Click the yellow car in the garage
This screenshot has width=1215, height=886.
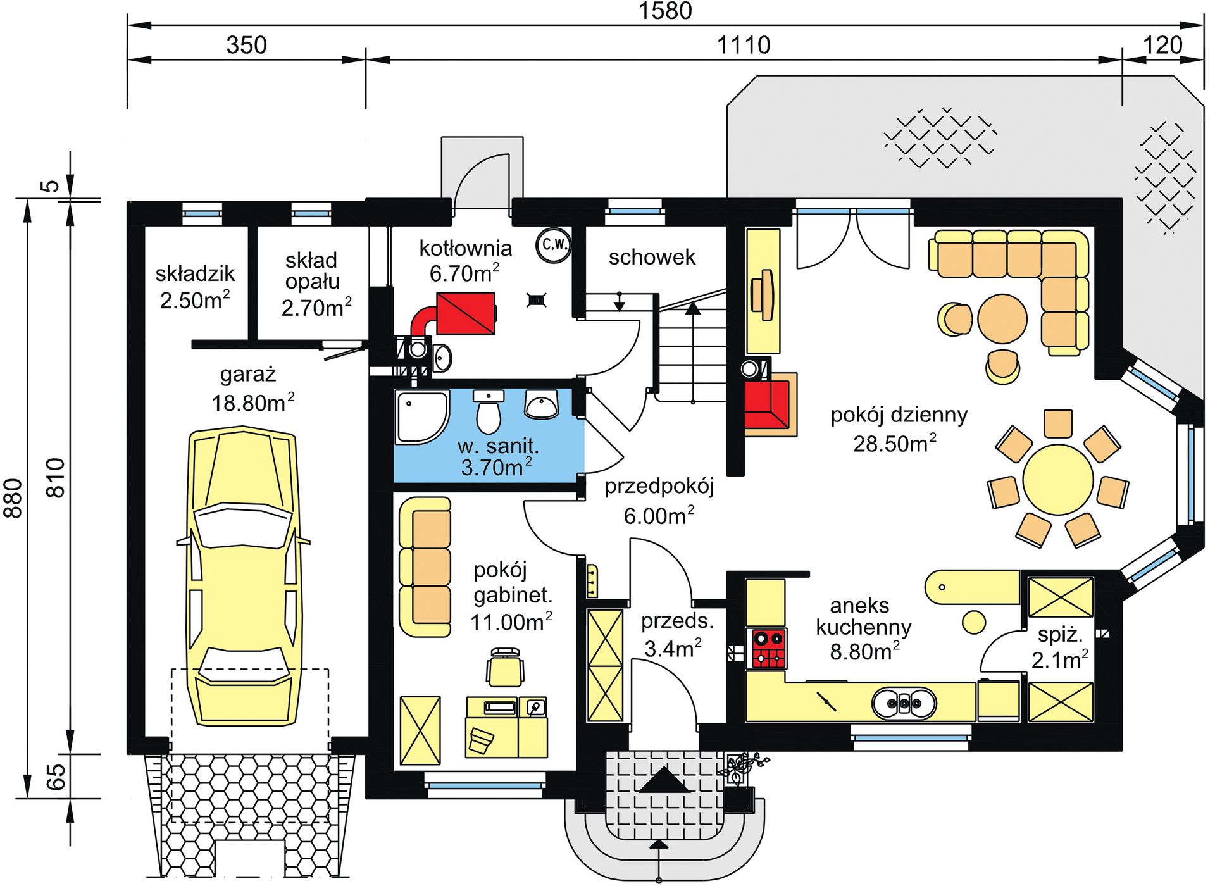click(x=244, y=576)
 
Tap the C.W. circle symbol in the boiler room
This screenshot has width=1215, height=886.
click(x=554, y=245)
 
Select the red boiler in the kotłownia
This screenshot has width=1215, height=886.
click(x=465, y=313)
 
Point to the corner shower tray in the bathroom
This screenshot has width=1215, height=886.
click(x=421, y=416)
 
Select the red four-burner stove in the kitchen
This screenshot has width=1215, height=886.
click(x=768, y=648)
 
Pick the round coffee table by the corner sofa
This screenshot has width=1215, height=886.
click(x=1002, y=318)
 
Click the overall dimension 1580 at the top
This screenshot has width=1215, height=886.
click(x=665, y=11)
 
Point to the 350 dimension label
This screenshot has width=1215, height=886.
click(x=246, y=45)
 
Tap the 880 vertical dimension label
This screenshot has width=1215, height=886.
click(x=13, y=499)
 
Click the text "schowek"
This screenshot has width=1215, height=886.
click(x=652, y=257)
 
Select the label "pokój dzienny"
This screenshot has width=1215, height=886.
click(x=899, y=415)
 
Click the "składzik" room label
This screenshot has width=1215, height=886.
click(x=195, y=273)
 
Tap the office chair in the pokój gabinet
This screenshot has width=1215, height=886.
click(x=505, y=667)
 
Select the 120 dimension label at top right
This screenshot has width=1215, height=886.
click(x=1162, y=45)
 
